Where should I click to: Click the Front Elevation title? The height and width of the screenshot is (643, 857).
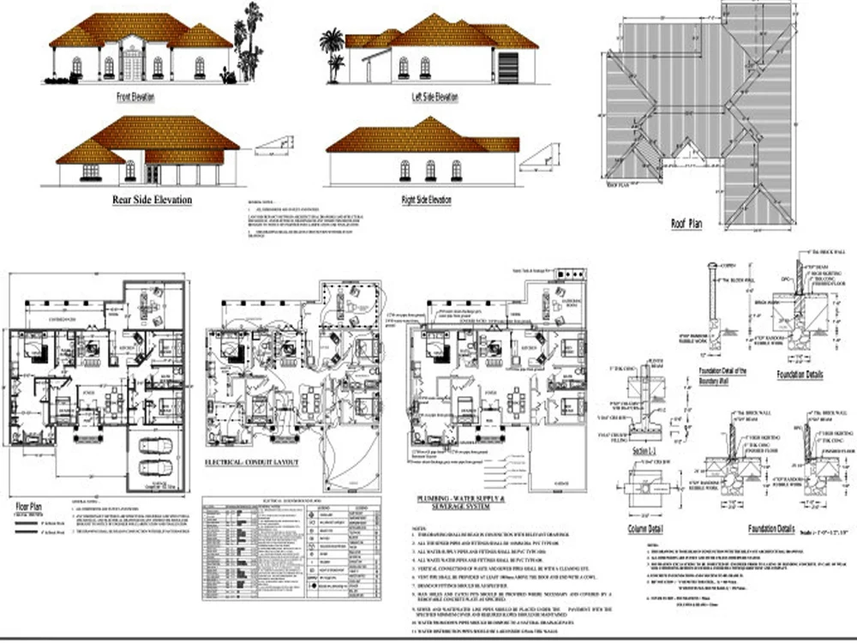coord(135,97)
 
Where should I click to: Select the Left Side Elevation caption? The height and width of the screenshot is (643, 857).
coord(434,97)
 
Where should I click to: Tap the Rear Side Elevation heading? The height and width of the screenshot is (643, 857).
coord(153,200)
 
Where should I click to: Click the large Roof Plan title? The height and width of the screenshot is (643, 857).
coord(687,224)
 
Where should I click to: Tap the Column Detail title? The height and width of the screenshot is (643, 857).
coord(646,529)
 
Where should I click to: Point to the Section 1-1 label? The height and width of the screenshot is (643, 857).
coord(645,450)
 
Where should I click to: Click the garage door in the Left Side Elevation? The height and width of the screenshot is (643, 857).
coord(508,68)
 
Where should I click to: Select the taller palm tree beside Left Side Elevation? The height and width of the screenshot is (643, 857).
coord(331,51)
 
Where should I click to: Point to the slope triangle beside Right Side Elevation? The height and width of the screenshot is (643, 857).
coord(540,156)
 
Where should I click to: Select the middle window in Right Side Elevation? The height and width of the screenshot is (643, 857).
coord(430,170)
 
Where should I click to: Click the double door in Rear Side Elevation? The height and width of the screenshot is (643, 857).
coord(153,173)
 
